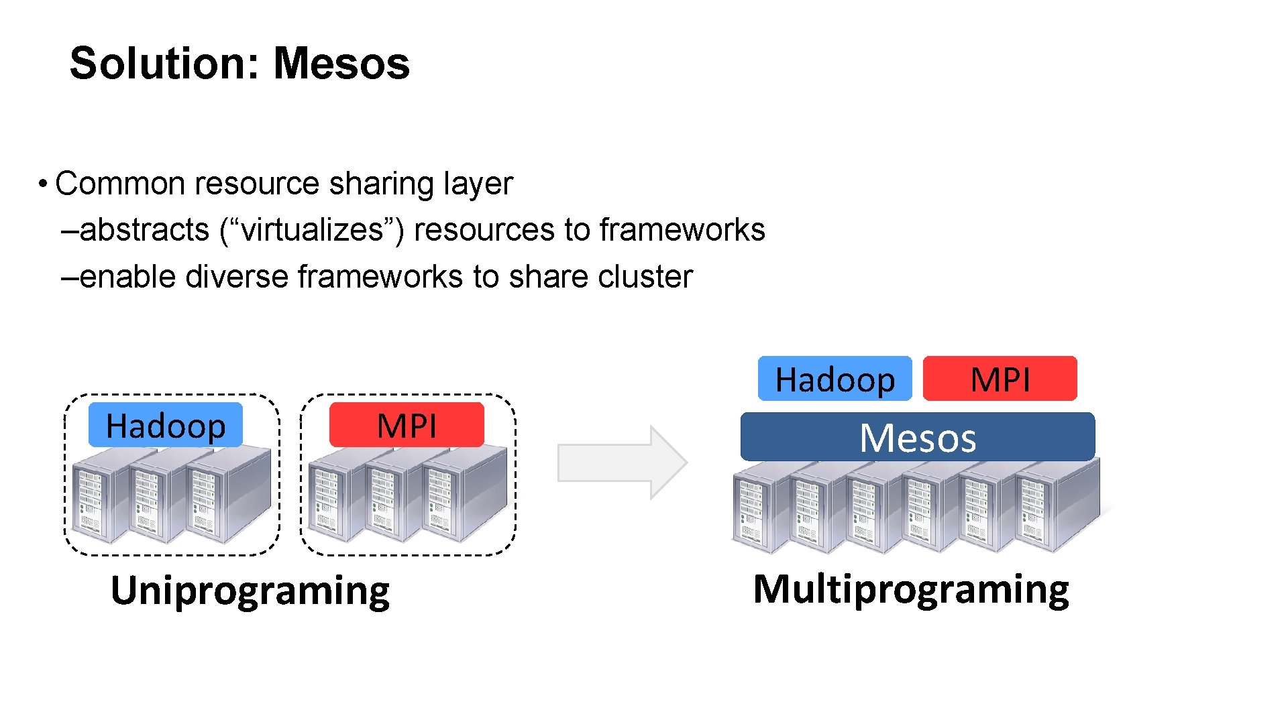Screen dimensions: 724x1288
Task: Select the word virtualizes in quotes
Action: (312, 230)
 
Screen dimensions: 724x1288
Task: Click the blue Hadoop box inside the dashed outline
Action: (165, 425)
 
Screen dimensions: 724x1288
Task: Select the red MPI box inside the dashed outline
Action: (407, 425)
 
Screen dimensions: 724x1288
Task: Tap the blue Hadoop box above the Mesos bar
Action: (835, 379)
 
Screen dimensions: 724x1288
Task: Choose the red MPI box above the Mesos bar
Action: (1000, 379)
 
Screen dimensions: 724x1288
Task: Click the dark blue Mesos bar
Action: (917, 437)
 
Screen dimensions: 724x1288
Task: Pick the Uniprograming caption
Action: (250, 591)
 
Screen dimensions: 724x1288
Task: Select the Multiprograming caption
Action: (911, 589)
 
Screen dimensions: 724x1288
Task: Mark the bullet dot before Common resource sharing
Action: (42, 184)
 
